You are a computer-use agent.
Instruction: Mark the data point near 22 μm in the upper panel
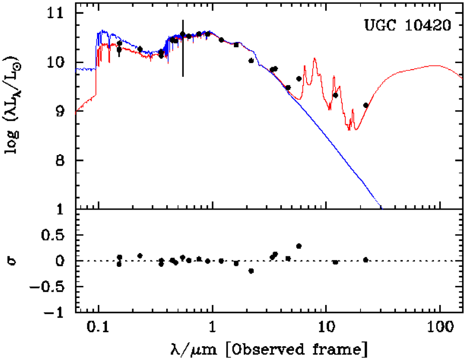pyautogui.click(x=366, y=105)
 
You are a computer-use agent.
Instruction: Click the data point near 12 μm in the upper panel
pyautogui.click(x=336, y=95)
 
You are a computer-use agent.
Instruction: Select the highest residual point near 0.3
pyautogui.click(x=299, y=246)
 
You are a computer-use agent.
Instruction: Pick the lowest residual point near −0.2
pyautogui.click(x=251, y=271)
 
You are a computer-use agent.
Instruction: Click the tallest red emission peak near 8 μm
pyautogui.click(x=315, y=59)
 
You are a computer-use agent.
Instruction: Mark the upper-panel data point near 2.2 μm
pyautogui.click(x=251, y=61)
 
